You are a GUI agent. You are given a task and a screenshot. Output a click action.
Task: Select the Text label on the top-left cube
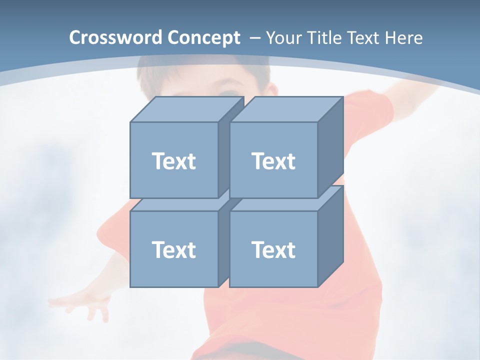(x=173, y=161)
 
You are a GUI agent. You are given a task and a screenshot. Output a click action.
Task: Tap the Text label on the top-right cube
(x=273, y=161)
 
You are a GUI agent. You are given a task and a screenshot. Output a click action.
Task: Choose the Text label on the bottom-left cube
(x=173, y=249)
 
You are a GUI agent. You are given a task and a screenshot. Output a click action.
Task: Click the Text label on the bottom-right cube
(x=273, y=249)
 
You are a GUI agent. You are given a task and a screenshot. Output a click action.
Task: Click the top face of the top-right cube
(x=286, y=109)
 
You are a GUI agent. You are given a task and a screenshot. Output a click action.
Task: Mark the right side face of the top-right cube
(x=330, y=147)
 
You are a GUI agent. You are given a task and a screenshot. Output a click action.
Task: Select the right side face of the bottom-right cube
(x=330, y=236)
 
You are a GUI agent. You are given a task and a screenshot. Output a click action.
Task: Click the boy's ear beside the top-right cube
(x=271, y=90)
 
